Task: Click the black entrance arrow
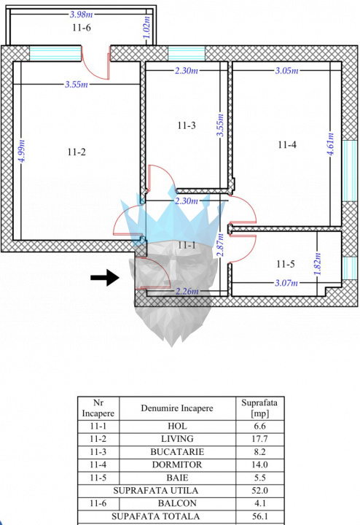click(x=105, y=277)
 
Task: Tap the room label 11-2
click(x=77, y=152)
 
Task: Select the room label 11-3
click(x=187, y=125)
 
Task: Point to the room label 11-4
click(x=287, y=144)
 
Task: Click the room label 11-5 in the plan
click(x=286, y=264)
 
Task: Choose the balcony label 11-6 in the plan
click(x=82, y=28)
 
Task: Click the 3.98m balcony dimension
click(x=82, y=14)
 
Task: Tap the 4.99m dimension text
click(x=22, y=151)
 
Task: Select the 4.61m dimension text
click(x=331, y=144)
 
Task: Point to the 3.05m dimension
click(x=286, y=71)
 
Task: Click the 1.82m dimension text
click(x=318, y=263)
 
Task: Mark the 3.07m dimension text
click(x=286, y=283)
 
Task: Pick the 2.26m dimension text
click(x=187, y=291)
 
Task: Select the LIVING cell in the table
click(x=177, y=439)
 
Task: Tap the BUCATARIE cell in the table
click(x=177, y=451)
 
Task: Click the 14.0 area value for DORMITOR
click(x=259, y=464)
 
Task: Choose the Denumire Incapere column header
click(x=177, y=408)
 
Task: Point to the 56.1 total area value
click(x=259, y=516)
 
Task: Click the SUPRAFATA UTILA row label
click(x=155, y=491)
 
